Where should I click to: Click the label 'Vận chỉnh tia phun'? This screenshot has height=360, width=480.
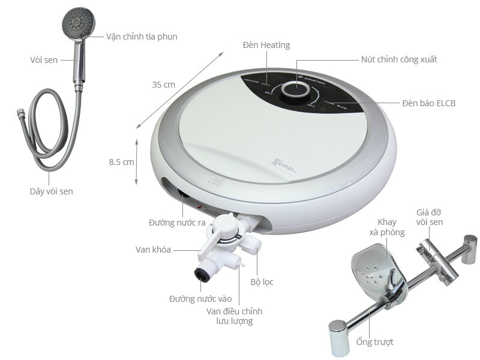pos(142,37)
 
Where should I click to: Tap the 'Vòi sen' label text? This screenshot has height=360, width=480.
pos(43,60)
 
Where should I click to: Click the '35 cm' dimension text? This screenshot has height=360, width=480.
pos(164,85)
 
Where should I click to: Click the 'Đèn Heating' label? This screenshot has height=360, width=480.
pos(266,45)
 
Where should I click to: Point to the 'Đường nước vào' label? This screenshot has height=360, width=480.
pos(200,298)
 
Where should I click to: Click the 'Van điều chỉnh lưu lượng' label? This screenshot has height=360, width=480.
pos(234,316)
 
